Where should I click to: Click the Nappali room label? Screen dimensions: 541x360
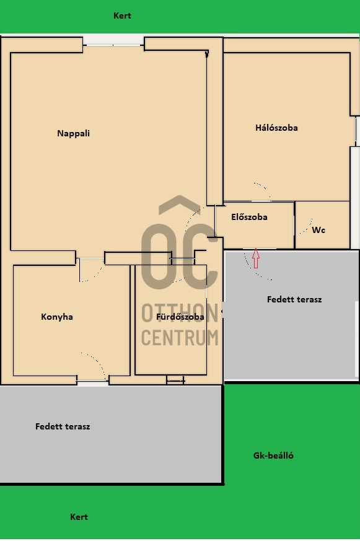[73, 133]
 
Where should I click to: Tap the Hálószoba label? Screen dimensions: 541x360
[276, 128]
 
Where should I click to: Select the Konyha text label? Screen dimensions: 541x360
[57, 317]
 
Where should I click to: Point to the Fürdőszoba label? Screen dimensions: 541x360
[180, 317]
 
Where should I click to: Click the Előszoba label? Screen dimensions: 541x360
[249, 218]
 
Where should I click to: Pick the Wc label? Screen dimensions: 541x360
[318, 230]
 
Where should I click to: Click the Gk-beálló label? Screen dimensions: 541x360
[273, 455]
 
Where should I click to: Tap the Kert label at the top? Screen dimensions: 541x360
[122, 15]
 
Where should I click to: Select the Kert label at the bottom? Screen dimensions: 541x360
[79, 517]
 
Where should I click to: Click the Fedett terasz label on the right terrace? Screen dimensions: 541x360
[294, 299]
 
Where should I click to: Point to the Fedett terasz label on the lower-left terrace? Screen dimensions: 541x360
[63, 426]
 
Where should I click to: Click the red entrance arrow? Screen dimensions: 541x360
[256, 257]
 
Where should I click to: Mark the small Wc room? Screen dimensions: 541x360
[322, 224]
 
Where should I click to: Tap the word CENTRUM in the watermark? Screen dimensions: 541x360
[180, 338]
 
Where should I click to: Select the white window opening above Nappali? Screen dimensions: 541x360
[113, 40]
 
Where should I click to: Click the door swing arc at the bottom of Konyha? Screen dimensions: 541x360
[94, 364]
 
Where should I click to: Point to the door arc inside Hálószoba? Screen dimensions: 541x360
[262, 189]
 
